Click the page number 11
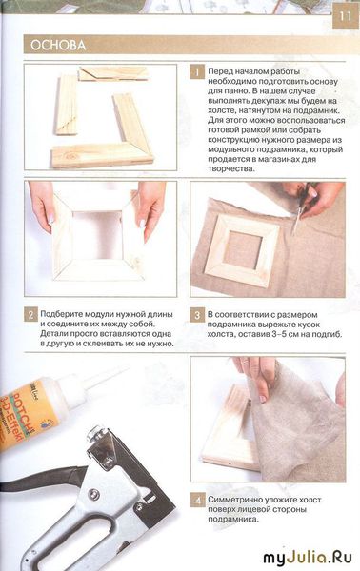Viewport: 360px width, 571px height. point(346,16)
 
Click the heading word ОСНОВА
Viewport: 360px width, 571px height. point(58,45)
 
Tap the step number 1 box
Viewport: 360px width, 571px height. point(197,72)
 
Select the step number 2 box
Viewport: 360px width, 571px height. point(30,315)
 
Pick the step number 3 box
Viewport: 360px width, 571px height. point(197,315)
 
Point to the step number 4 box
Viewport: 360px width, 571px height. point(197,500)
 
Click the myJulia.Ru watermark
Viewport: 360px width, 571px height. point(308,557)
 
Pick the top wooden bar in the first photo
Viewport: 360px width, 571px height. point(113,74)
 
